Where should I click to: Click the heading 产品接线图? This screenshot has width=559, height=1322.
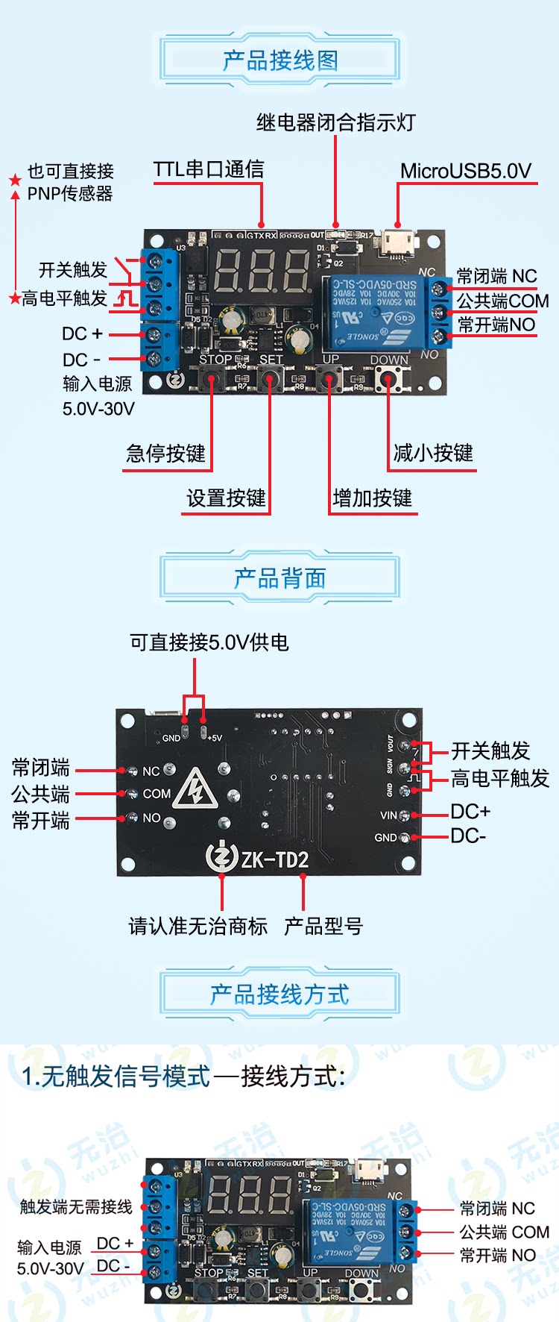279,60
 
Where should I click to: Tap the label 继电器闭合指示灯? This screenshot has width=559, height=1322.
335,122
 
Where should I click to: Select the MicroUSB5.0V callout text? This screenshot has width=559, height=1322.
465,172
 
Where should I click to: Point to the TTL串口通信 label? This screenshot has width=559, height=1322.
209,169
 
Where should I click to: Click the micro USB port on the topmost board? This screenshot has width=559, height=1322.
399,242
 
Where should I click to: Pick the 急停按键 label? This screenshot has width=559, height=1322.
165,454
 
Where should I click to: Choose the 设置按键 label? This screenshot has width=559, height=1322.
226,498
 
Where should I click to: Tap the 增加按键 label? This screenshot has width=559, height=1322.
372,498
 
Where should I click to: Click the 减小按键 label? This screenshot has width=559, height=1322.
432,453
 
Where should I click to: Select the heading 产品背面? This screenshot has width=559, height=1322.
279,578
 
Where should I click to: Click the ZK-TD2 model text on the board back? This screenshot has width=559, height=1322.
274,860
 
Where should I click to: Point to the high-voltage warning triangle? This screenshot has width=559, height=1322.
195,789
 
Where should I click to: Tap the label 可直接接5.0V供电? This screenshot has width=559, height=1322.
209,642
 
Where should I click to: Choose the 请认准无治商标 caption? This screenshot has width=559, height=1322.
198,927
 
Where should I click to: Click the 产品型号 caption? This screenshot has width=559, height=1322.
323,927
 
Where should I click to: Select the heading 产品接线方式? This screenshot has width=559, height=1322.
279,994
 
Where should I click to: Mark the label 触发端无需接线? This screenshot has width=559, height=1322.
76,1206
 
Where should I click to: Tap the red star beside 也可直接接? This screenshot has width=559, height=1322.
15,181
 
